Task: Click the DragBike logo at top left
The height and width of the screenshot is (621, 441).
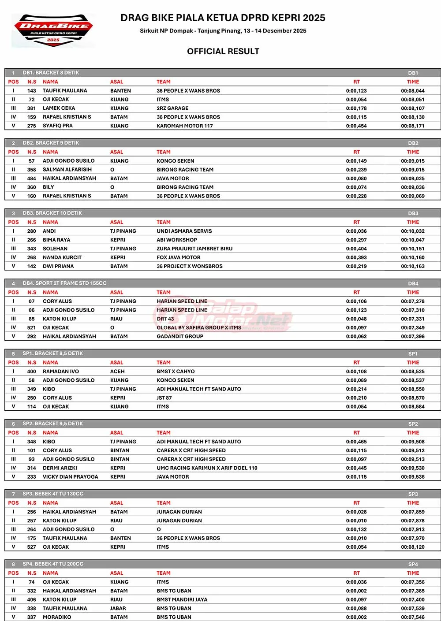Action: [53, 30]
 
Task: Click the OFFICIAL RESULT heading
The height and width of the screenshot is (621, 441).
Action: [223, 51]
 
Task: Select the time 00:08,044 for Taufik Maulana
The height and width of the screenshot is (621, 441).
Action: [413, 91]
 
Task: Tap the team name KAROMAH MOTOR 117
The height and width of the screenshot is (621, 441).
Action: [184, 126]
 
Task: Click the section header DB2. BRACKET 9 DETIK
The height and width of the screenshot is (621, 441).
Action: [51, 143]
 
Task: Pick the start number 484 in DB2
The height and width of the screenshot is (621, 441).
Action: [31, 178]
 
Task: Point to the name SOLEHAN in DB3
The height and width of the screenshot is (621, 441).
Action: [55, 249]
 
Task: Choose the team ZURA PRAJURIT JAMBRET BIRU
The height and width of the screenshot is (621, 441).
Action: [194, 249]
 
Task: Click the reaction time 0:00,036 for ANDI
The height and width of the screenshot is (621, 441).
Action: [356, 231]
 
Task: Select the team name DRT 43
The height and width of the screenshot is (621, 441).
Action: [165, 319]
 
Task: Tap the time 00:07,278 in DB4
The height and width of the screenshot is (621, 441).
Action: [413, 301]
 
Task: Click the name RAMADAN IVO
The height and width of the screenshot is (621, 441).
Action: [60, 372]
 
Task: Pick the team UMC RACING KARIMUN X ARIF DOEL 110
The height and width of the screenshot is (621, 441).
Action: [207, 468]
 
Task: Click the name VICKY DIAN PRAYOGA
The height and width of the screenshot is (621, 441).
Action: [70, 477]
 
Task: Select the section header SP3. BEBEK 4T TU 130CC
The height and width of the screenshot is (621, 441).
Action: [53, 494]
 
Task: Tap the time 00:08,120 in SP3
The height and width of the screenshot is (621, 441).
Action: [413, 547]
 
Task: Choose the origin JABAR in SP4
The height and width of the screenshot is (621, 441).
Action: [118, 608]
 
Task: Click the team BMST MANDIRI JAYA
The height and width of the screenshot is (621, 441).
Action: [182, 599]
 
